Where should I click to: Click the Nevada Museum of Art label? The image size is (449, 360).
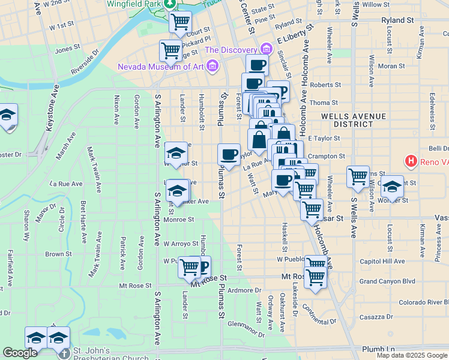[160, 67]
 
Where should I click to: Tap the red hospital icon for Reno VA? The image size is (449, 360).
[411, 161]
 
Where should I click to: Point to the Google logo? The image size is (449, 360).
[20, 353]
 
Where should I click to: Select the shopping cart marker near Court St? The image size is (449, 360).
[180, 22]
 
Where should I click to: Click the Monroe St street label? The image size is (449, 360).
[179, 220]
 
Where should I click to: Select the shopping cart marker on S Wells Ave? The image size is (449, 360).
[358, 176]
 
